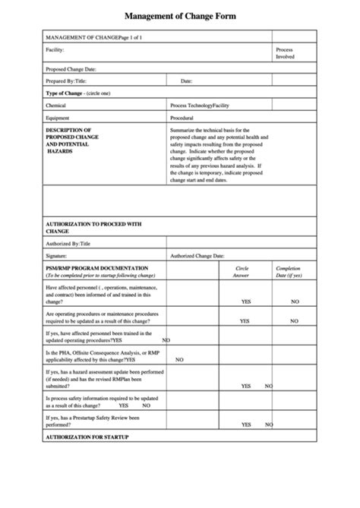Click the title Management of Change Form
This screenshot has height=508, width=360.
coord(179,15)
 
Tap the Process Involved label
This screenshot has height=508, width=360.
coord(285,53)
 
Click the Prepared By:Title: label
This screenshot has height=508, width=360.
coord(67,80)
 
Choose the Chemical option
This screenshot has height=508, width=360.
coord(56,106)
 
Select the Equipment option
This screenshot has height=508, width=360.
coord(58,118)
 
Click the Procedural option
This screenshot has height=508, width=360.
coord(182,118)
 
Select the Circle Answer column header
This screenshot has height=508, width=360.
coord(242,271)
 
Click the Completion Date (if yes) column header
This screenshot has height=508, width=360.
coord(289,271)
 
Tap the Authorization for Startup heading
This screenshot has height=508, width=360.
coord(87,437)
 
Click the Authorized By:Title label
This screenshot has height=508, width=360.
coord(68,244)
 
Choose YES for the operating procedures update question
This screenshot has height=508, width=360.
coord(245,321)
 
